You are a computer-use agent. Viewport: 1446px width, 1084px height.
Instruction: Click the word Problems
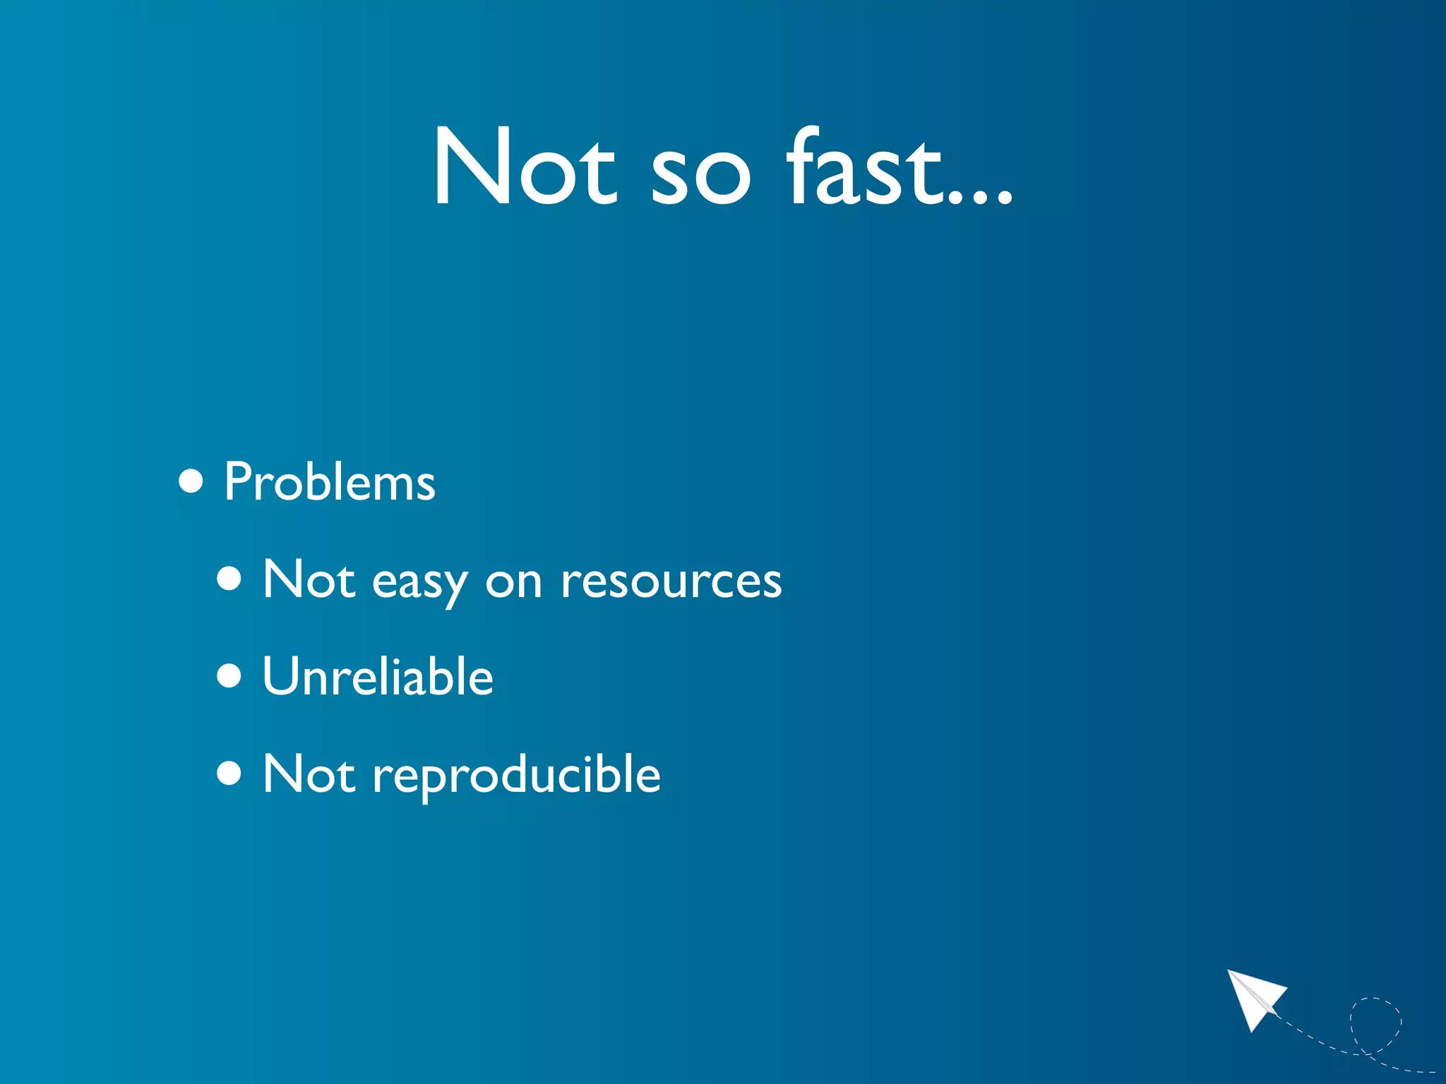point(329,483)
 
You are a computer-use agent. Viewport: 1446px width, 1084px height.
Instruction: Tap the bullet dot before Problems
point(191,482)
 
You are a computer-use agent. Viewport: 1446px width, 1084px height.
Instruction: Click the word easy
point(419,583)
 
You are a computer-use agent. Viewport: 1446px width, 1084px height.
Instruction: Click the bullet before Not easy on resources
point(229,579)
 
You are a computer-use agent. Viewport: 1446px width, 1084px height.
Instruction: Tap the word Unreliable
point(377,676)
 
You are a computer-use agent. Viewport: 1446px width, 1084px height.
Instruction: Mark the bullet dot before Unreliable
point(229,676)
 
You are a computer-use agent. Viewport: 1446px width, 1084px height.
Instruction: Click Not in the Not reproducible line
point(309,773)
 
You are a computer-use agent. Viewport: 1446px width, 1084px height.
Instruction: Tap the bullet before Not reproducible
point(229,773)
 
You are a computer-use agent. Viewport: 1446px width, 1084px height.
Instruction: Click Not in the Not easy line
point(309,579)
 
